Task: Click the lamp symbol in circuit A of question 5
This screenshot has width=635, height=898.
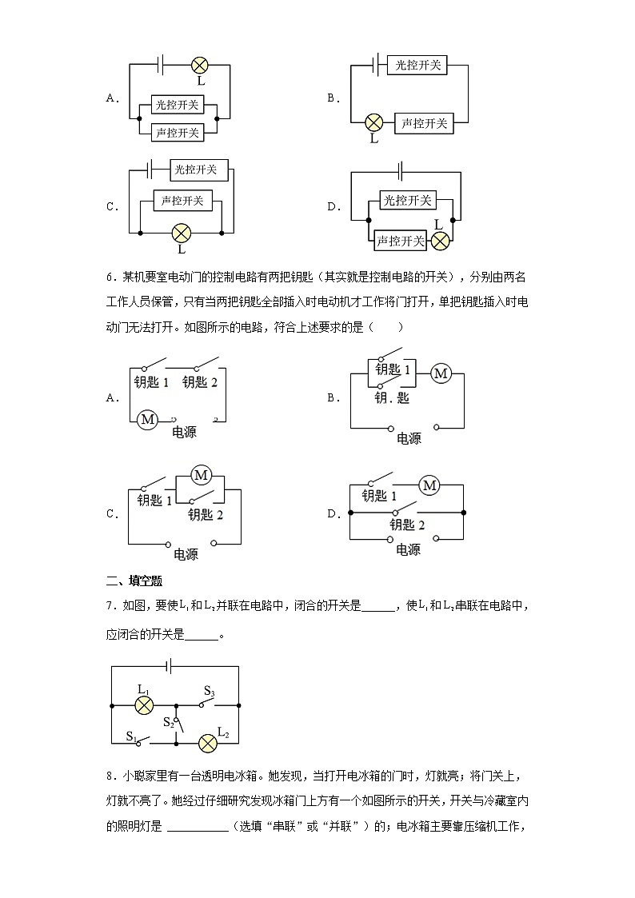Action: coord(201,65)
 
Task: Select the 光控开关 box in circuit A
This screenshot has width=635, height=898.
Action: coord(178,105)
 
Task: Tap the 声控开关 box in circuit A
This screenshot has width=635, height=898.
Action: coord(178,132)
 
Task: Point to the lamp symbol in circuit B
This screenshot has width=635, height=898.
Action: coord(373,122)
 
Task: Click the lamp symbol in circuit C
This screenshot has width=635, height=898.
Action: coord(182,233)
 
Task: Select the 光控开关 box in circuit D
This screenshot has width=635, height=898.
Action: coord(406,200)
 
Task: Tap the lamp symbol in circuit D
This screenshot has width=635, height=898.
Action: coord(439,240)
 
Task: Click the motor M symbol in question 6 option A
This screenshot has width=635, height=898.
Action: coord(147,419)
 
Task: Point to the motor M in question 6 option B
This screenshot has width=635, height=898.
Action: coord(441,372)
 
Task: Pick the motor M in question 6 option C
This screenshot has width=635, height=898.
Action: coord(201,476)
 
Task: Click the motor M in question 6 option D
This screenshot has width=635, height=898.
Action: coord(430,485)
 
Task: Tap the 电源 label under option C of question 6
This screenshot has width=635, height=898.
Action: coord(186,554)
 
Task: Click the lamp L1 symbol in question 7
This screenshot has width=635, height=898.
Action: coord(144,705)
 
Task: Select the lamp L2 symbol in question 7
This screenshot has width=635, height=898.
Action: coord(208,743)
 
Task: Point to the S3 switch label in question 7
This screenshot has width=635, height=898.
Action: coord(210,691)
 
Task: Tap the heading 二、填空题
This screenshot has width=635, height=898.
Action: coord(134,581)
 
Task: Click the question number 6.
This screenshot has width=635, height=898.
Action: coord(110,277)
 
